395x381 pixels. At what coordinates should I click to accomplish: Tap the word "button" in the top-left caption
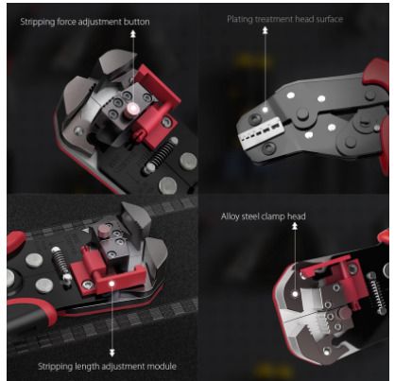tap(137, 22)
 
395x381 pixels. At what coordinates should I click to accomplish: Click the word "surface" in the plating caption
tap(330, 19)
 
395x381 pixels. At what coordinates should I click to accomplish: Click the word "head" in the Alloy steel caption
tap(297, 216)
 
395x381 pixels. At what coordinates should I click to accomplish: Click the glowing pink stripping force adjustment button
tap(133, 109)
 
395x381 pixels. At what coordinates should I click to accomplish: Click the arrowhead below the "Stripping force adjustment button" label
tap(133, 33)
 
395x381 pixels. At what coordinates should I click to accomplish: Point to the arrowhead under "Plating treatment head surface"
tap(266, 30)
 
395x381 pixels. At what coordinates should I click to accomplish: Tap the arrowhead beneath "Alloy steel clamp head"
tap(295, 226)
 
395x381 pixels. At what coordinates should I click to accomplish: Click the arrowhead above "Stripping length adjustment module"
tap(112, 353)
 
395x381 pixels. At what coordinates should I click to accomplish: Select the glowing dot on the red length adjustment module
tap(112, 284)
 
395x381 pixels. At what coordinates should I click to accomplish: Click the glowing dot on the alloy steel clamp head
tap(295, 294)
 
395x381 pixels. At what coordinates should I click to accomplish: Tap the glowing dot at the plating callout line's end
tap(266, 110)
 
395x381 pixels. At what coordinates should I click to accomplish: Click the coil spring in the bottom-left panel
tap(60, 264)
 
